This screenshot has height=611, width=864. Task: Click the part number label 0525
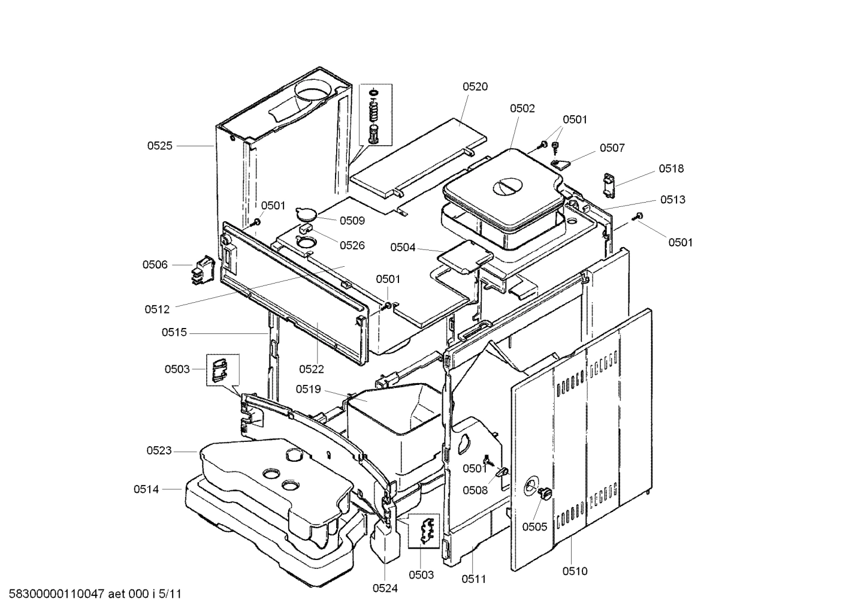point(159,146)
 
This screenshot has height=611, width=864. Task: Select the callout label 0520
point(475,86)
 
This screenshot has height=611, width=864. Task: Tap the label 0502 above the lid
point(522,109)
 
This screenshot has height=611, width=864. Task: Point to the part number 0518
point(671,168)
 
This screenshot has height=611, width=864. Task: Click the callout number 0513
point(673,199)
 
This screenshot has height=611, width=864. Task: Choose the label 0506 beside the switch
point(155,264)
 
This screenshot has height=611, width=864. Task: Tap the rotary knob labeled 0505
point(545,493)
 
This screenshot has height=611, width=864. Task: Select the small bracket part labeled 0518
point(609,184)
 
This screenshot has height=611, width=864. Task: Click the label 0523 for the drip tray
point(159,450)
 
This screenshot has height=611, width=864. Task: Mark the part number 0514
point(146,489)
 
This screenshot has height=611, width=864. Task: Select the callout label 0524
point(385,588)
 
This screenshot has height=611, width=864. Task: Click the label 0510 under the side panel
point(575,571)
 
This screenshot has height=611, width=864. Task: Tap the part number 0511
point(473,579)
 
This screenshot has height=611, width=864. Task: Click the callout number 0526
point(352,245)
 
